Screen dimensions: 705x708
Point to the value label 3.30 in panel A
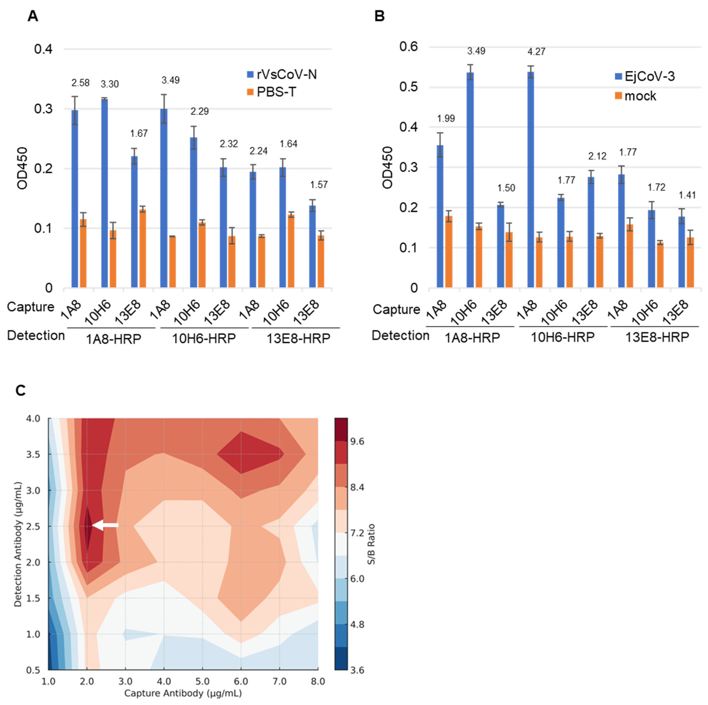coord(110,84)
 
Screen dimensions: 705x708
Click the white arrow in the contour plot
coord(106,525)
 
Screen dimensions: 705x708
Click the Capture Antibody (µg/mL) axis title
coord(183,693)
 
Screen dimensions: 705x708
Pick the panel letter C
coord(21,390)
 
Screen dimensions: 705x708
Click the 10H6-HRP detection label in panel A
coord(204,338)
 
